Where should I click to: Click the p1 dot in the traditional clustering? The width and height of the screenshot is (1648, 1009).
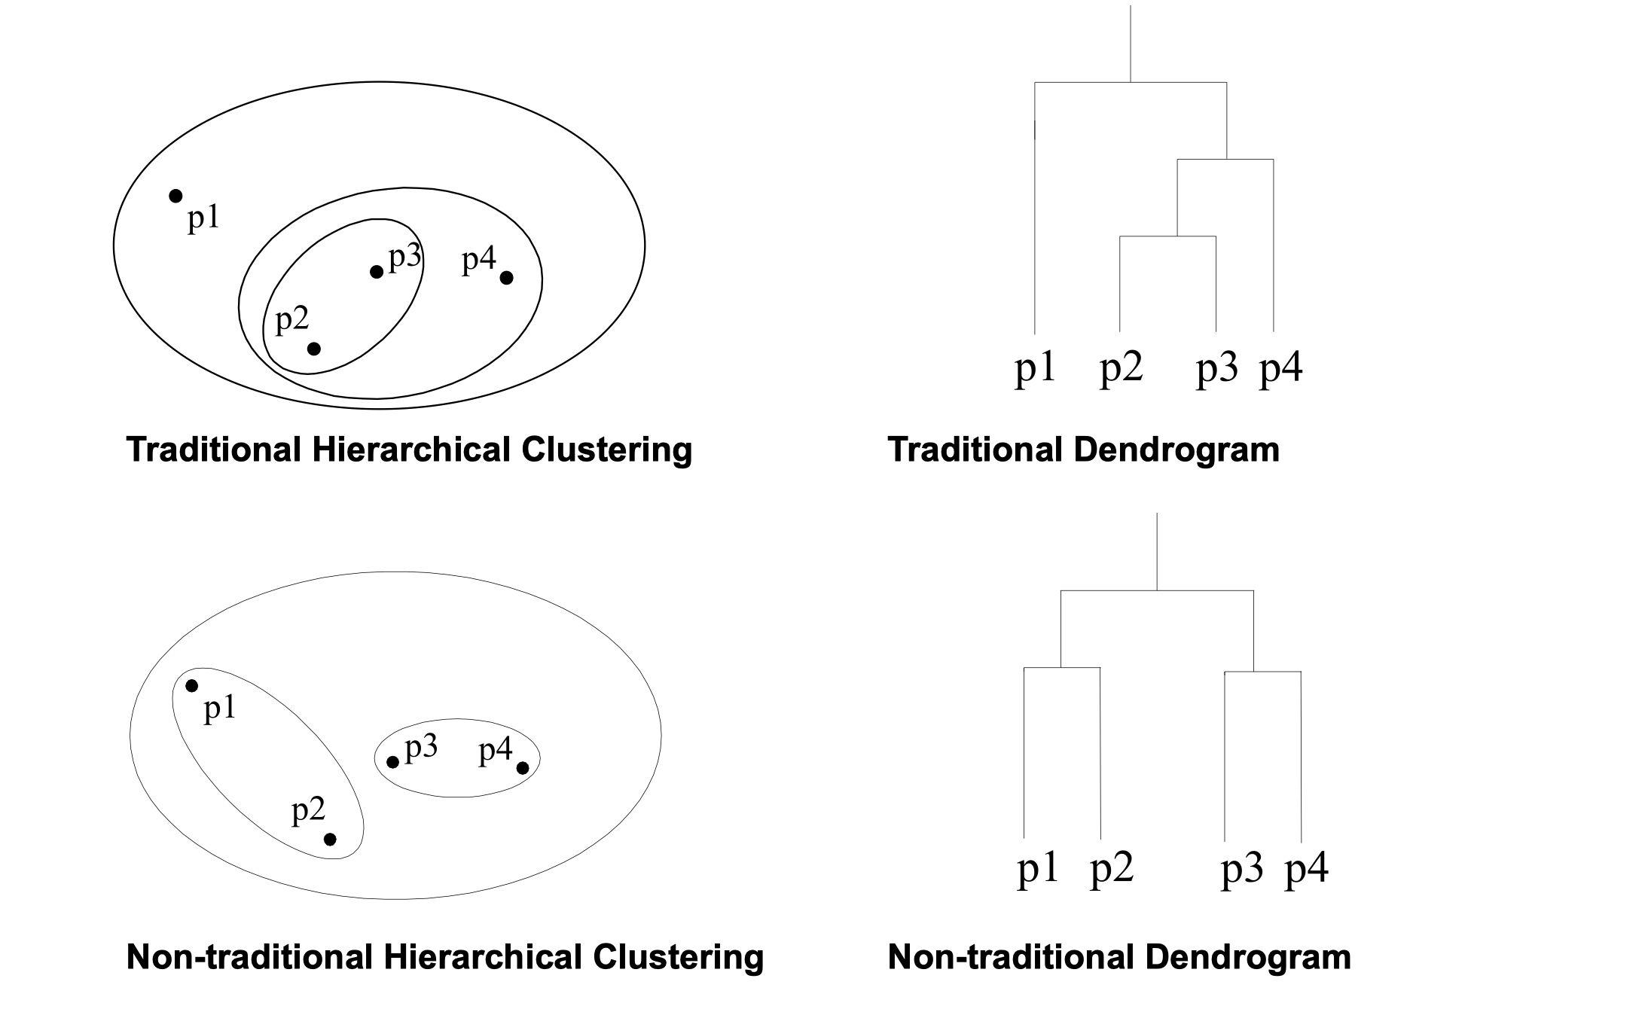[x=175, y=196]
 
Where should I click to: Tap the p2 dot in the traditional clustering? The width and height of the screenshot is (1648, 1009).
[x=314, y=349]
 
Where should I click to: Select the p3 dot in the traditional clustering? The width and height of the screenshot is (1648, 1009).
[x=377, y=272]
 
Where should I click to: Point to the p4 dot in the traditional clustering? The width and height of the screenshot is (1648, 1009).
[x=507, y=278]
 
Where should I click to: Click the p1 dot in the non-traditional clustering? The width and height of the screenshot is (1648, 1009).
[x=192, y=685]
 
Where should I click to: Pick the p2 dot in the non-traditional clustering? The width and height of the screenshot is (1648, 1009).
[x=330, y=839]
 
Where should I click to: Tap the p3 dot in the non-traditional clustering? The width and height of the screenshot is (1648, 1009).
[x=392, y=762]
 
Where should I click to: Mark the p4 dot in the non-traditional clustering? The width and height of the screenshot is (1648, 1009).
[x=523, y=767]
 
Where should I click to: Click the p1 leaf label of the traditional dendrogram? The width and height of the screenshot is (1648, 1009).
[x=1036, y=369]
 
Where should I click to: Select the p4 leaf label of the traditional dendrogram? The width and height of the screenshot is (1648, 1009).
[x=1281, y=369]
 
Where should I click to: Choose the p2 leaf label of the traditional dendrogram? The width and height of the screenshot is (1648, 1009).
[x=1122, y=369]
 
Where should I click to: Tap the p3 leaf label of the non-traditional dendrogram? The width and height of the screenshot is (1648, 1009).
[x=1241, y=870]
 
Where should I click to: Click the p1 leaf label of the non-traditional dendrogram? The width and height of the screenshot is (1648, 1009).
[x=1038, y=870]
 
